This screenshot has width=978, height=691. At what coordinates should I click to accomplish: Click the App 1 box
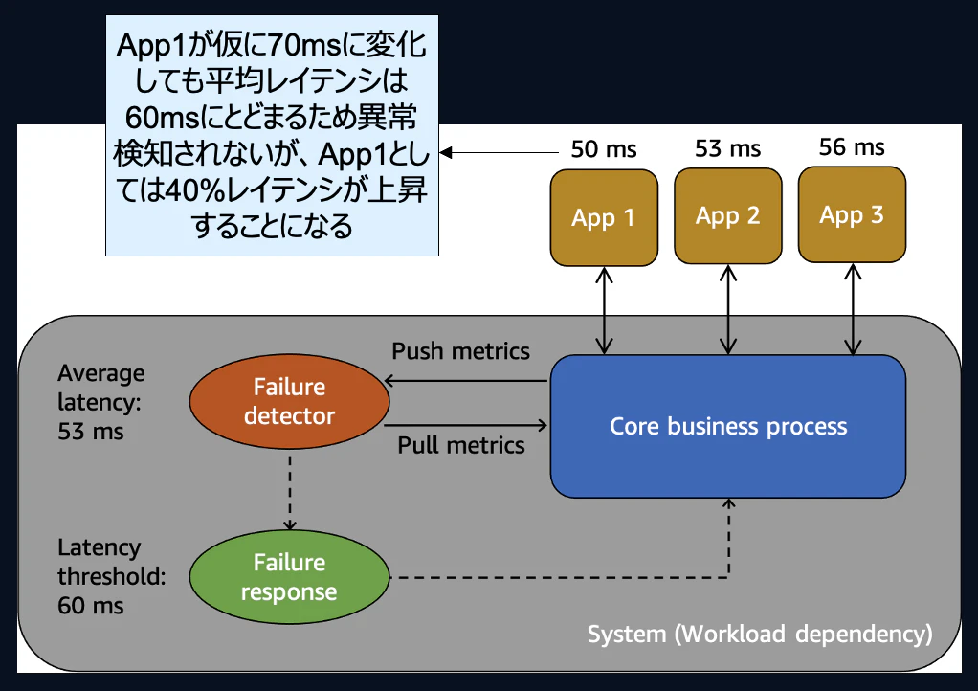(604, 217)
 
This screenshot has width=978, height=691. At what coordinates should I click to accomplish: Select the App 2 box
(727, 215)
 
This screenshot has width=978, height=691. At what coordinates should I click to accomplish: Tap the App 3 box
(852, 214)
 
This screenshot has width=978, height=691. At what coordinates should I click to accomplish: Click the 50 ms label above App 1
(604, 149)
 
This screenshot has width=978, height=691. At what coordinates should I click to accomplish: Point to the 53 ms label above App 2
(728, 148)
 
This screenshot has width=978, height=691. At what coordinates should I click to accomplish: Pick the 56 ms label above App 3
(852, 146)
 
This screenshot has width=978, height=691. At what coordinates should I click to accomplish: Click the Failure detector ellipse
(289, 402)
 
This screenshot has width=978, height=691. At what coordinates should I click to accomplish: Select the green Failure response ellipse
(289, 577)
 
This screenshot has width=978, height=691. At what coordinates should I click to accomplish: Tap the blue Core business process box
(727, 426)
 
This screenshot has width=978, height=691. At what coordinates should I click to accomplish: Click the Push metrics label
(460, 351)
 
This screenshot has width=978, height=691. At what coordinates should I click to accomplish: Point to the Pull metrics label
(461, 445)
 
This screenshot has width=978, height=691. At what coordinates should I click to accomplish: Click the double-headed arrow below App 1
(604, 310)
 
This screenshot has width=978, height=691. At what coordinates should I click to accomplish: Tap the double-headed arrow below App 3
(852, 309)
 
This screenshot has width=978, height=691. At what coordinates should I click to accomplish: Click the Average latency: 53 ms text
(100, 402)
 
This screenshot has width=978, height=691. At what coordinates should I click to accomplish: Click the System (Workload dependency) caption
(759, 634)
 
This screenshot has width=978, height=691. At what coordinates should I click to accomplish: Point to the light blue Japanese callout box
(272, 136)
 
